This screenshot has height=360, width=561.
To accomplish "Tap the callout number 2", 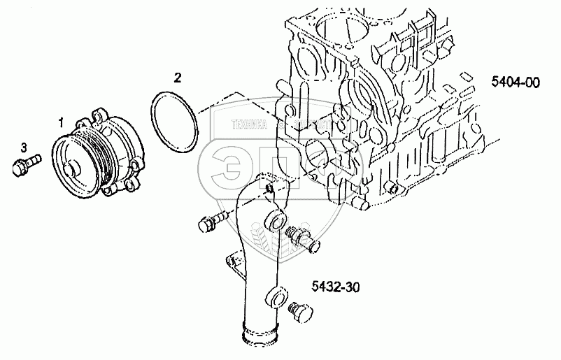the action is pos(177,78).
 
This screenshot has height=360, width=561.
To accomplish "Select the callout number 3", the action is pos(24,147).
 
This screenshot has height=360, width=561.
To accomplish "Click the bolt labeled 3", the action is pos(24,164).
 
